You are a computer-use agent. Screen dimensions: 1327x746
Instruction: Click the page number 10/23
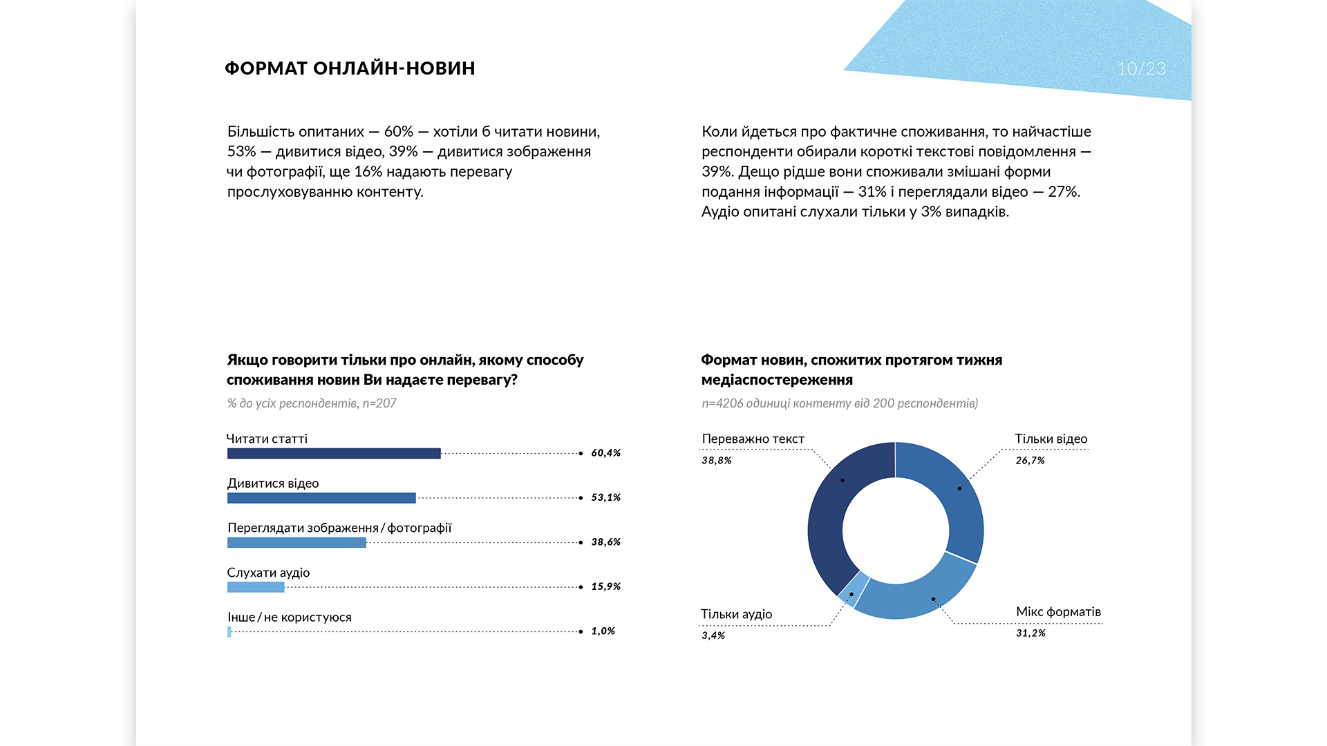coord(1142,68)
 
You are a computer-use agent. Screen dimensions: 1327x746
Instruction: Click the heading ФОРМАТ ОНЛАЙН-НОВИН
coord(350,68)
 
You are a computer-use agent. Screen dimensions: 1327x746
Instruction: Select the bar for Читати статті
coord(334,453)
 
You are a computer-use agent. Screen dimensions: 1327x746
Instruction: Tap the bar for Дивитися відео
coord(321,498)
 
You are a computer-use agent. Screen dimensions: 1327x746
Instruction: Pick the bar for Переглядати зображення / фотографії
coord(297,543)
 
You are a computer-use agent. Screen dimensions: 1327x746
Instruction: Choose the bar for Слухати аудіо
coord(256,587)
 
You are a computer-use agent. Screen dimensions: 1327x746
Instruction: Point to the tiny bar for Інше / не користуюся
coord(229,631)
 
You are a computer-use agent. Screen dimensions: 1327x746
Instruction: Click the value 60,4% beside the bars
coord(606,453)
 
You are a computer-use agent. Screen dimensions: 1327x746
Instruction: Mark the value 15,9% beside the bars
coord(606,586)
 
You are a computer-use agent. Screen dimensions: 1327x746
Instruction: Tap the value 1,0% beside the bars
coord(603,631)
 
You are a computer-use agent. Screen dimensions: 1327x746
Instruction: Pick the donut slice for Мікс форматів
coord(919,594)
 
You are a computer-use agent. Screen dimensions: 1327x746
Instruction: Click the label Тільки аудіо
coord(737,614)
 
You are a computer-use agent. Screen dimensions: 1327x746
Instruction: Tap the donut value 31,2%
coord(1030,633)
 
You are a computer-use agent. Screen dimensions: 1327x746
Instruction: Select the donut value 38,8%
coord(717,460)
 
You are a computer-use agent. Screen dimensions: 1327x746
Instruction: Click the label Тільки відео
coord(1051,439)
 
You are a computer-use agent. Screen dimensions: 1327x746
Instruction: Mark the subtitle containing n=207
coord(312,403)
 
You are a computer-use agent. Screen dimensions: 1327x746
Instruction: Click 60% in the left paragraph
coord(399,131)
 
